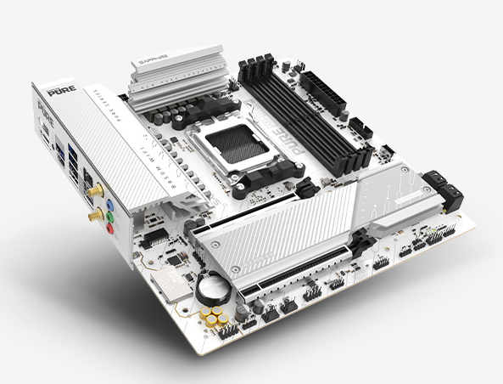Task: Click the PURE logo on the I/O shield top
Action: click(x=55, y=89)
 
